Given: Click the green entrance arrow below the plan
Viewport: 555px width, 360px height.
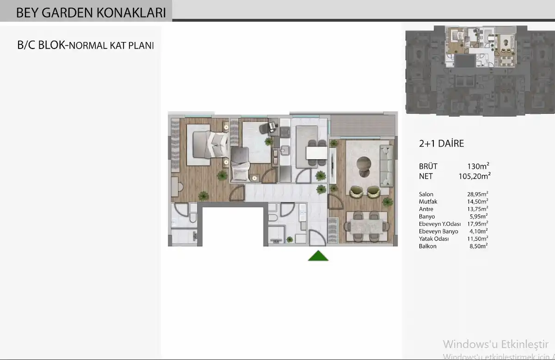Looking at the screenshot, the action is click(x=318, y=256).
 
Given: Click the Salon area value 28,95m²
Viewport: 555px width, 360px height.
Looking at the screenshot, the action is click(x=478, y=194).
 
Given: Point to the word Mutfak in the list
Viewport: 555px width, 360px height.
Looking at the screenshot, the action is click(x=428, y=201).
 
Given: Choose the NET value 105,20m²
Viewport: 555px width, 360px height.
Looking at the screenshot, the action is click(x=475, y=176).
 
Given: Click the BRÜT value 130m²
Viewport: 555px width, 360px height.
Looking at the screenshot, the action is click(x=478, y=166).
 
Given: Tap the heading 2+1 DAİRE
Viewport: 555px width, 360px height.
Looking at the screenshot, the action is click(x=441, y=144).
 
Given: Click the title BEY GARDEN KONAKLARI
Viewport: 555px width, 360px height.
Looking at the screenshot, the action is click(x=91, y=12).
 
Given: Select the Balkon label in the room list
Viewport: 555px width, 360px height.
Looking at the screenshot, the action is click(x=428, y=246).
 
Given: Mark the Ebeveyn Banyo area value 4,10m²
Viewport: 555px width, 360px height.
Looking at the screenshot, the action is click(x=479, y=231).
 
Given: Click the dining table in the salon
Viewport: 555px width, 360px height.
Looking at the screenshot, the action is click(x=366, y=226).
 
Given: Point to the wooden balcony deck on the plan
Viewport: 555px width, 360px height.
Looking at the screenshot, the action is click(x=363, y=125).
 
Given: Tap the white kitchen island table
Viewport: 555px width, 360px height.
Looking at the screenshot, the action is click(x=317, y=153).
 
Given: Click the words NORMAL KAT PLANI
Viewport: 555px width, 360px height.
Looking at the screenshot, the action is click(x=111, y=46).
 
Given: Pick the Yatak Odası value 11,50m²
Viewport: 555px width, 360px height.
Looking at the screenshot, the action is click(x=478, y=238).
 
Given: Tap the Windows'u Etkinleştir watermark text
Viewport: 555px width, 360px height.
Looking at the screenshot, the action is click(x=495, y=344).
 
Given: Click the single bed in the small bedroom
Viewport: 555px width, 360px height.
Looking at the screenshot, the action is click(x=240, y=164).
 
